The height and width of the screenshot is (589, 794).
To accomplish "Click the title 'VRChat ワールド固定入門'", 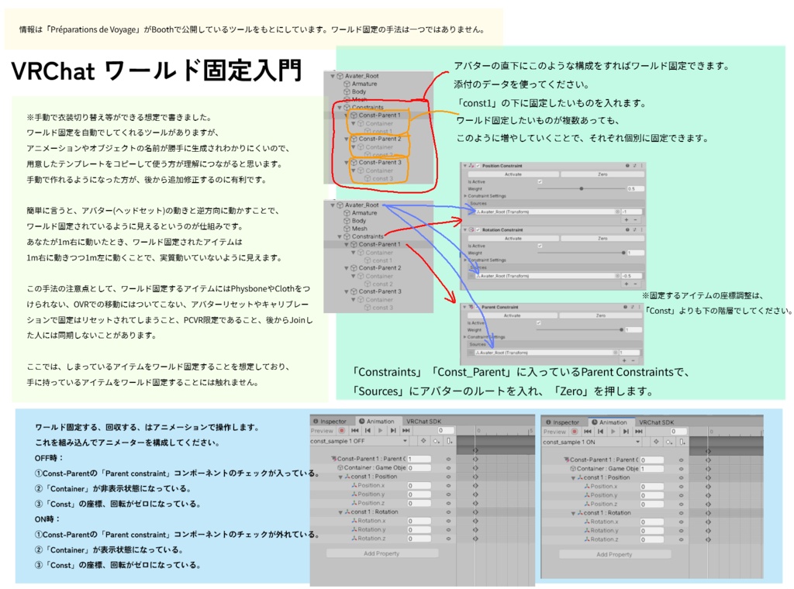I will click(x=156, y=71).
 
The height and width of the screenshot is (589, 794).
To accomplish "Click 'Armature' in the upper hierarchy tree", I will click(x=364, y=84).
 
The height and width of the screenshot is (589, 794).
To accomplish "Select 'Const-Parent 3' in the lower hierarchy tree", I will click(x=380, y=291).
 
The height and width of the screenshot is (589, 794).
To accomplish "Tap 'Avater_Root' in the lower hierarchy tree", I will click(x=361, y=205).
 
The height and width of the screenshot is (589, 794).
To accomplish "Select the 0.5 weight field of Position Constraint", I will click(x=633, y=188).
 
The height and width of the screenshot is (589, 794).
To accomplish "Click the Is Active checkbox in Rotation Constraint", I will click(x=540, y=245).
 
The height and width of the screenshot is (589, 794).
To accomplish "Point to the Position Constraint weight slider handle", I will click(x=582, y=188).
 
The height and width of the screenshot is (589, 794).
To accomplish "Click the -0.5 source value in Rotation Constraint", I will click(x=631, y=275).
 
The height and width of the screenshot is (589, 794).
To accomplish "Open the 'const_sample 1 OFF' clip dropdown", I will click(x=359, y=441).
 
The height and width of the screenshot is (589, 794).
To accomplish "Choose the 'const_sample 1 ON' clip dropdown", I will click(x=592, y=442).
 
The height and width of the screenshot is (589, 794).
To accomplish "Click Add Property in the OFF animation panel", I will click(x=381, y=553).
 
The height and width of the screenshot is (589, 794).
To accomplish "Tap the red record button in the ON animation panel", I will click(x=574, y=432).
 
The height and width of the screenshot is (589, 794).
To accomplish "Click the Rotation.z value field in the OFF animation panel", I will click(x=419, y=538).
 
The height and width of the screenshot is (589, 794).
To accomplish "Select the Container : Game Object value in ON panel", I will click(x=651, y=469).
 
